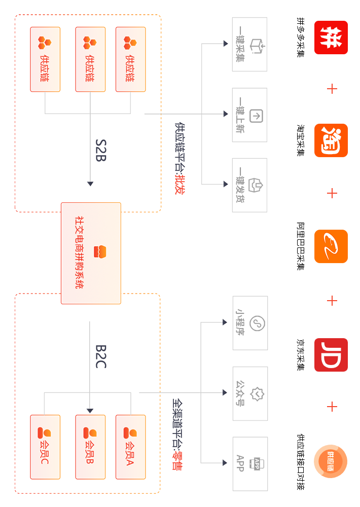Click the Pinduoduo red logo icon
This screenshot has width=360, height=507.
pos(331,38)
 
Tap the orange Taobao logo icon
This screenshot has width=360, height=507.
pos(331,140)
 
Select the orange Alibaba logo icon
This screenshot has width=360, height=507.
pos(331,246)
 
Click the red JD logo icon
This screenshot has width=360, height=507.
pos(331,355)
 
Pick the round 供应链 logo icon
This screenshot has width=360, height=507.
pos(331,461)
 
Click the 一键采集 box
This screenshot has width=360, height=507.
pos(249,44)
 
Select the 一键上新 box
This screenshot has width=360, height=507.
pos(249,115)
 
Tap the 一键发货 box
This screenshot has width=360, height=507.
pos(249,185)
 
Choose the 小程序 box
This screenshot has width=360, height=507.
pos(249,323)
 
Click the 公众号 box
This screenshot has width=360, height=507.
pos(249,393)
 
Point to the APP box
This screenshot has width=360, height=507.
pos(249,463)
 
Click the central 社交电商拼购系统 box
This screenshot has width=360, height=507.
pos(91,253)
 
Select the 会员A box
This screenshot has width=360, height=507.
pos(130,447)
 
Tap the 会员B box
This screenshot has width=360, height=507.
pos(90,447)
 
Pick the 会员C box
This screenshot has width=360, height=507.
pos(45,447)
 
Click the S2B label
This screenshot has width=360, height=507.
pos(100,150)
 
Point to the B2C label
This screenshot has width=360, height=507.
pos(100,356)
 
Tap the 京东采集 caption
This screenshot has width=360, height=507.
pos(301,355)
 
